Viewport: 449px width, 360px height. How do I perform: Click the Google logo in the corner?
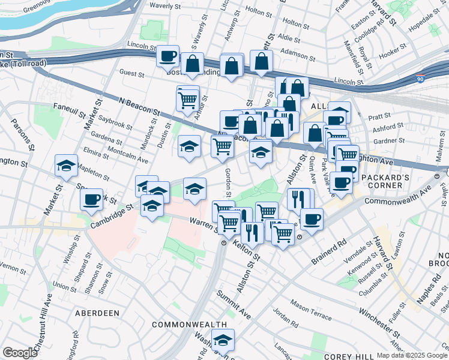tap(20, 353)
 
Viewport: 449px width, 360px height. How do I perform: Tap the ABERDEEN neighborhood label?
tap(97, 313)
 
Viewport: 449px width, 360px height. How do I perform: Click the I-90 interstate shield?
tap(420, 79)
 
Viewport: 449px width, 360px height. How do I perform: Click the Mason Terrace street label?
tap(311, 310)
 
